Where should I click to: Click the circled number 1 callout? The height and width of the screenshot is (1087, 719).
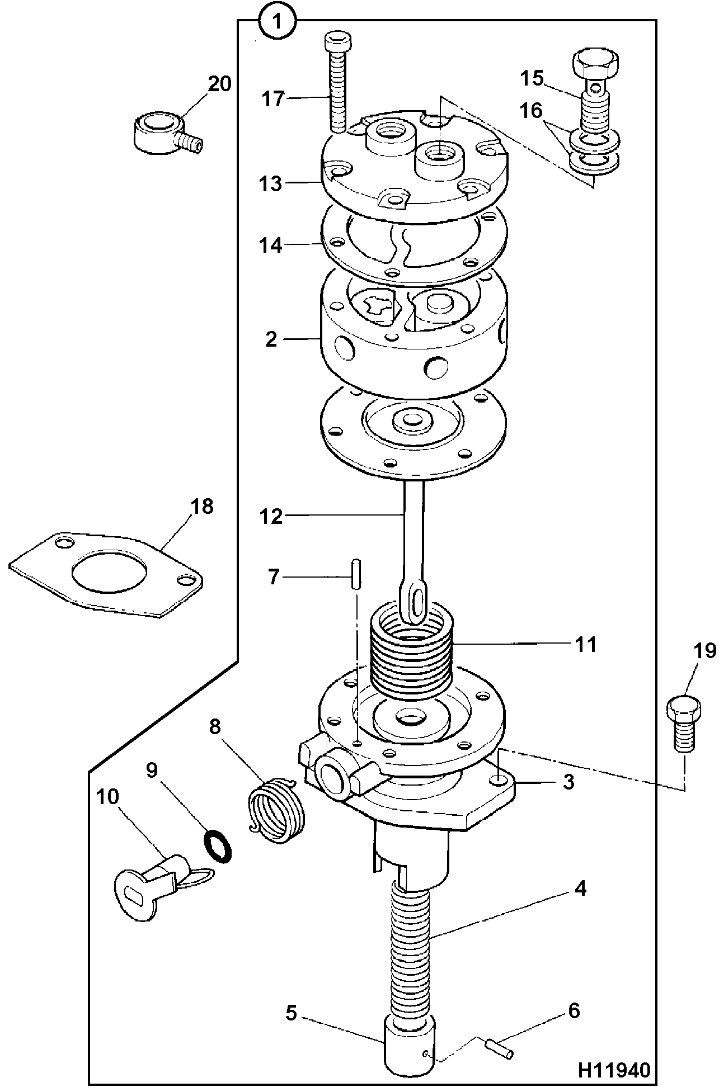pyautogui.click(x=276, y=22)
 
